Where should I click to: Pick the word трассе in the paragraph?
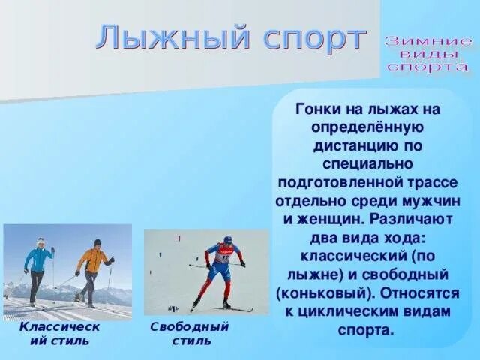435,182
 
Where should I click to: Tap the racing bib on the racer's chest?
223,258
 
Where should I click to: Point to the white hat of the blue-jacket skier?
40,241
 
